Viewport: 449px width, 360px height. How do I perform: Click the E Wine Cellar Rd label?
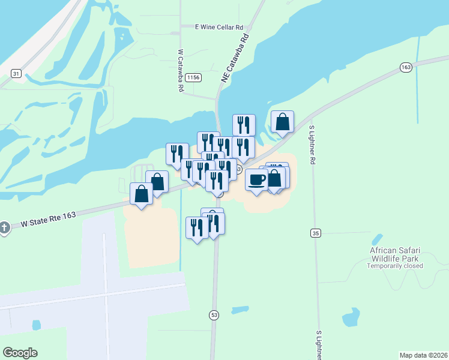click(219, 27)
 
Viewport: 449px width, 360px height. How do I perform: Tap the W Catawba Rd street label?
click(180, 70)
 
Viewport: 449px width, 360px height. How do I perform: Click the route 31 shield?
click(16, 74)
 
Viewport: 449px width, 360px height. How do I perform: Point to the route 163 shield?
click(406, 67)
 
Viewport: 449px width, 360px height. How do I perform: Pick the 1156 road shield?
click(193, 77)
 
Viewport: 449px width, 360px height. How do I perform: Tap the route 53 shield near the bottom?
click(214, 314)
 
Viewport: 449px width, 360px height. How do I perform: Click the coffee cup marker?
click(256, 179)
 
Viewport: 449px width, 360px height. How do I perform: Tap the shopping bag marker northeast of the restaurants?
click(282, 122)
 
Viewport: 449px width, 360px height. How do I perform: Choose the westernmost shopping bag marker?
click(142, 194)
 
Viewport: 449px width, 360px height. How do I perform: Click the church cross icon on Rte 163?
click(4, 227)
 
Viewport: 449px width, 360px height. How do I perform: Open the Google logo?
click(20, 353)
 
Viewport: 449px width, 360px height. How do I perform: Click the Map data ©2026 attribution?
click(423, 355)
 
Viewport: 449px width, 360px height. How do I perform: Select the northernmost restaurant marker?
click(243, 125)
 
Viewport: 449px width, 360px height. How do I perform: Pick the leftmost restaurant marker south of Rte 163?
click(197, 227)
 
